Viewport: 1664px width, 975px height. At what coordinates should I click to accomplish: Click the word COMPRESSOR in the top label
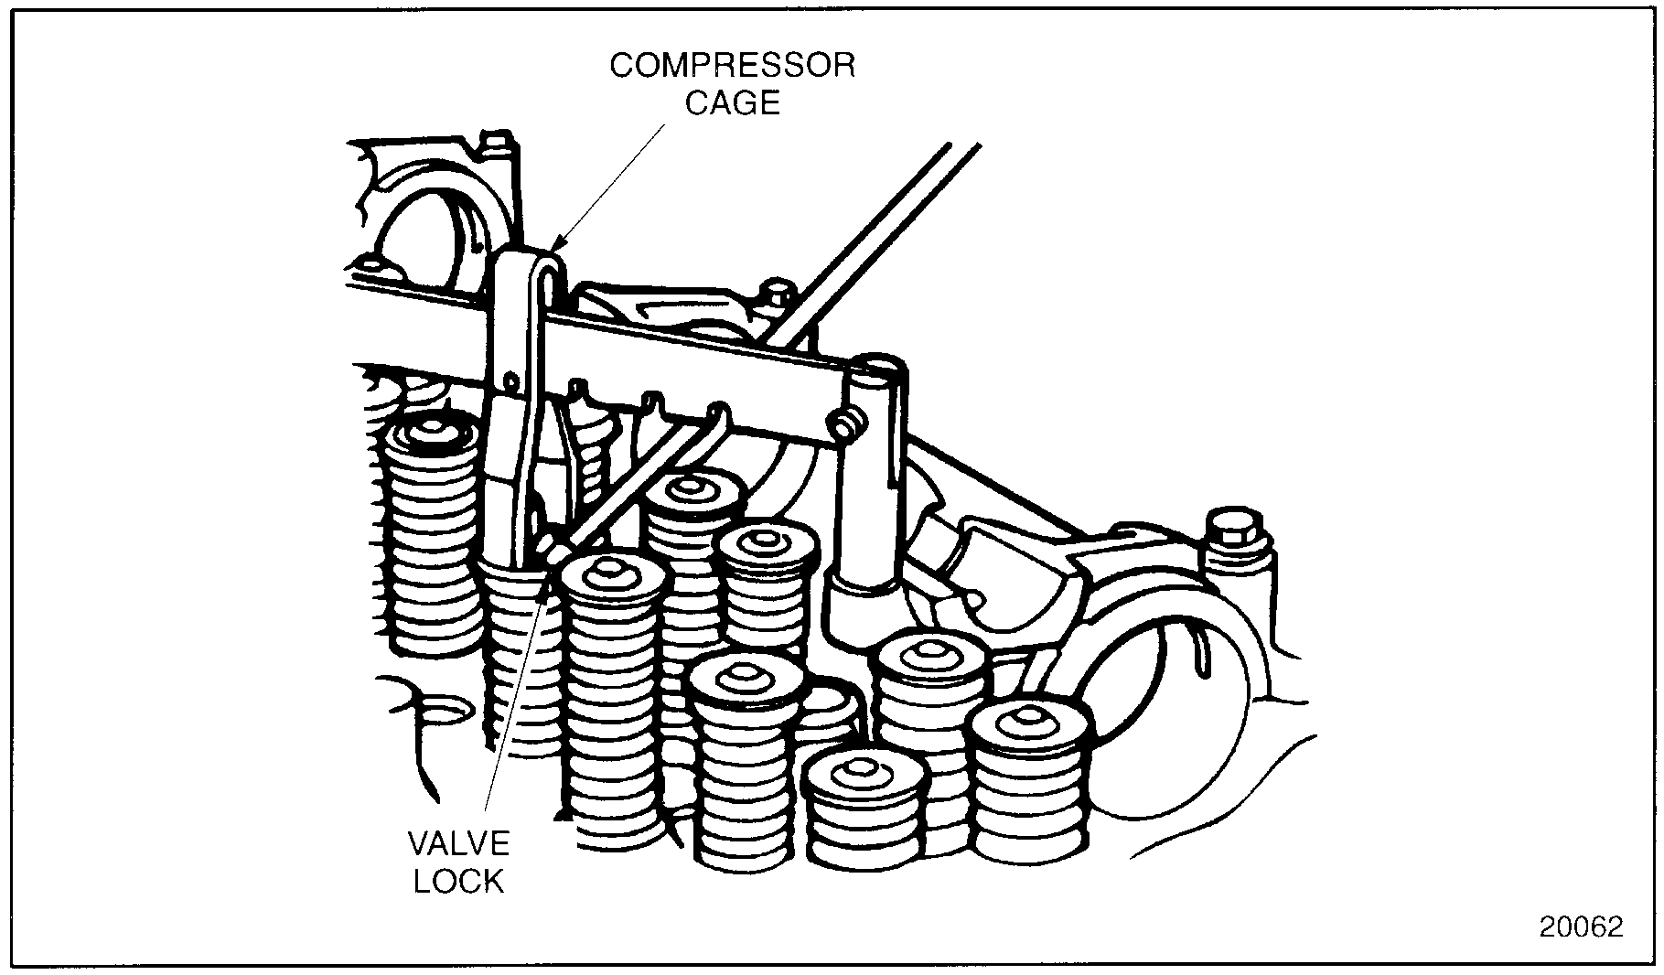coord(732,67)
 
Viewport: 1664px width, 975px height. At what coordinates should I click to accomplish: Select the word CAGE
coord(733,103)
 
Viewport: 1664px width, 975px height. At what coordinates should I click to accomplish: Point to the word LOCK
coord(458,880)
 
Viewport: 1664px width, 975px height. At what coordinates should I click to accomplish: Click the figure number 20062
coord(1581,927)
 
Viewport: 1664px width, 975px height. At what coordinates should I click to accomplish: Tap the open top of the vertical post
coord(876,369)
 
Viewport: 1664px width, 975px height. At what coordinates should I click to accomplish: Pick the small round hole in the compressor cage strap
coord(510,376)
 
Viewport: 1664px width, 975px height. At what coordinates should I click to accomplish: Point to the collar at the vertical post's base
coord(864,586)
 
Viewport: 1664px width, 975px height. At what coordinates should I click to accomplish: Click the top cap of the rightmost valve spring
coord(1031,723)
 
